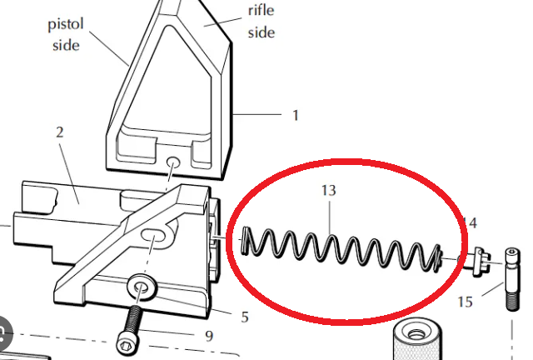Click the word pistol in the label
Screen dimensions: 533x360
66,25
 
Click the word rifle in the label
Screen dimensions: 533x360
261,10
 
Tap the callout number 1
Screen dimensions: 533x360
296,116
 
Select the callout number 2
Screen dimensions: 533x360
59,132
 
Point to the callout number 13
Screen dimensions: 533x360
329,191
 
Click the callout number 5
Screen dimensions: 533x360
245,317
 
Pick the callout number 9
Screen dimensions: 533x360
209,336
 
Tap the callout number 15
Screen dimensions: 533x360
465,302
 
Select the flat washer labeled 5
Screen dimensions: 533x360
142,287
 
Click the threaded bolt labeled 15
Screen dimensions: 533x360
512,279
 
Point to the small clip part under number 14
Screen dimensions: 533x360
480,260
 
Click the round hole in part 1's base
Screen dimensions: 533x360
173,162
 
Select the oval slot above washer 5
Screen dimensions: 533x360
152,234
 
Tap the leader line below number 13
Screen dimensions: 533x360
330,217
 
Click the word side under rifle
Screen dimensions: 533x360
261,32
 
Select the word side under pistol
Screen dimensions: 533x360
66,45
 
